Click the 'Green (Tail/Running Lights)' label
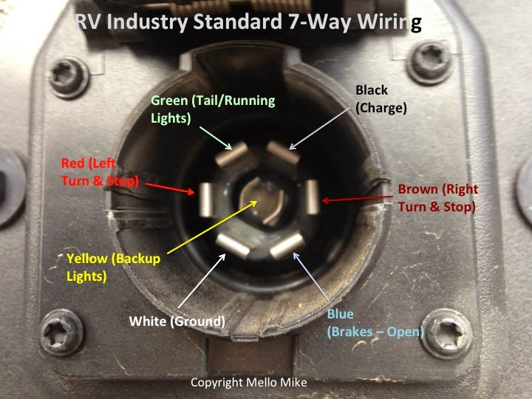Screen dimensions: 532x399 (x=213, y=109)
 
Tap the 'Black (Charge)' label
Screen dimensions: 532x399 (x=381, y=99)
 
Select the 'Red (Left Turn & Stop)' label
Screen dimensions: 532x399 (x=100, y=172)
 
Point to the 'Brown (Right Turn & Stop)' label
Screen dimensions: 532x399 (x=437, y=198)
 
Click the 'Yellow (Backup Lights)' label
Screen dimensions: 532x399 (x=113, y=267)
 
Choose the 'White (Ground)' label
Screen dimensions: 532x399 (x=177, y=321)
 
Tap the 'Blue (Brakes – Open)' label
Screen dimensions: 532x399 (x=375, y=323)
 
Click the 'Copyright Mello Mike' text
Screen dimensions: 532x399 (x=249, y=383)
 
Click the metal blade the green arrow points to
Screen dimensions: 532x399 (x=233, y=154)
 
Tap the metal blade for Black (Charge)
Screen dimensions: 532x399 (x=283, y=152)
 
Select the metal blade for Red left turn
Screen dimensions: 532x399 (x=205, y=199)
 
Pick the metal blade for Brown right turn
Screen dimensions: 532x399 (x=313, y=197)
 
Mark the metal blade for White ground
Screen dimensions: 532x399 (x=233, y=246)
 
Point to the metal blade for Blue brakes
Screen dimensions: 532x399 (x=287, y=245)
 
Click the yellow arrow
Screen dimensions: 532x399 (x=212, y=227)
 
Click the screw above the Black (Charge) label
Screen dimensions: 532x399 (x=431, y=62)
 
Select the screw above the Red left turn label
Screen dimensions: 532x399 (x=69, y=78)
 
